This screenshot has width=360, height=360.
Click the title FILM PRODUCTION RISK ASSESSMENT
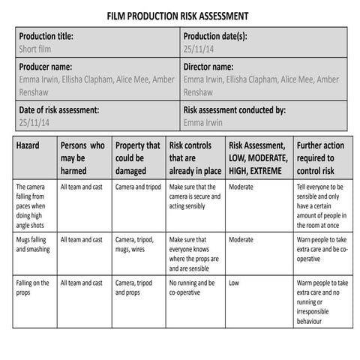pyautogui.click(x=178, y=15)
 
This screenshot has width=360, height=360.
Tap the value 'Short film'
pyautogui.click(x=37, y=49)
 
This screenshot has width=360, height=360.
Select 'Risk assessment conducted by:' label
pyautogui.click(x=234, y=109)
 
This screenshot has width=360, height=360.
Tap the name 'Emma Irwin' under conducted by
pyautogui.click(x=204, y=121)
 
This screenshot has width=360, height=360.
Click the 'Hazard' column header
pyautogui.click(x=28, y=145)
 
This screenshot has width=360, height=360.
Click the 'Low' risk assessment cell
pyautogui.click(x=234, y=283)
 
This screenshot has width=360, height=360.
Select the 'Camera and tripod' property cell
pyautogui.click(x=137, y=187)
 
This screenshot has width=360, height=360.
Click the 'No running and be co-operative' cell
pyautogui.click(x=191, y=288)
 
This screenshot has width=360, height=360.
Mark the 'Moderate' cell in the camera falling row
pyautogui.click(x=241, y=187)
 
